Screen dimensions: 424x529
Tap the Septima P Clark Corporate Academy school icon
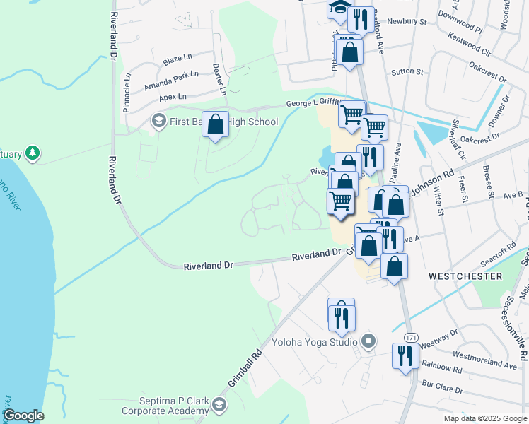pos(219,404)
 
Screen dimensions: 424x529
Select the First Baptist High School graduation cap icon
pos(158,122)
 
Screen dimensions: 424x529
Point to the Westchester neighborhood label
pos(465,276)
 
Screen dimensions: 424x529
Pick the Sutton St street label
pos(408,72)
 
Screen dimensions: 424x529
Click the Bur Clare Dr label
pos(441,389)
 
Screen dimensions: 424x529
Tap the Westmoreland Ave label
pos(484,358)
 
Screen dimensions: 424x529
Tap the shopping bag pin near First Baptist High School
pos(216,124)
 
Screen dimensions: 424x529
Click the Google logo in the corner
pos(23,416)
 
